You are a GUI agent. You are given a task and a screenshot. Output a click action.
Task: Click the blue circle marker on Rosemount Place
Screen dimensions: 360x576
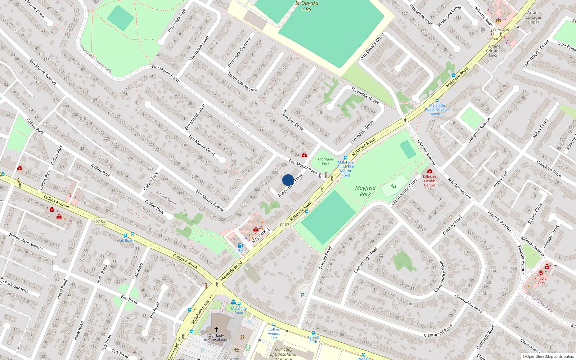point(288,180)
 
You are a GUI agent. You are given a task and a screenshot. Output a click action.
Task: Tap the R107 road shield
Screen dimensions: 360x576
point(285,225)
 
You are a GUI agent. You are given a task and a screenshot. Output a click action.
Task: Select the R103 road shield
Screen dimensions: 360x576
point(101,221)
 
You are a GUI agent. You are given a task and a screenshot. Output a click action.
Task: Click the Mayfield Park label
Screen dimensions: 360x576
point(365,191)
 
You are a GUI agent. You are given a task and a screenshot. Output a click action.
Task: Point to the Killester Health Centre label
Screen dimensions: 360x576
point(429,181)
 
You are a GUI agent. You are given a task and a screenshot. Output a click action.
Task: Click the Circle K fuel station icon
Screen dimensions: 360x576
point(240,246)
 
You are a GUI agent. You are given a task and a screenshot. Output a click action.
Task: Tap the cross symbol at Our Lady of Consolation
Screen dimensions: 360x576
point(216,329)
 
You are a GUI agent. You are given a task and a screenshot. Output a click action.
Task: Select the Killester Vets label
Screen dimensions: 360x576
point(541,280)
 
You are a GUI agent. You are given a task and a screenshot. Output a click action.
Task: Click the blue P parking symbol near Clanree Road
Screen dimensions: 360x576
point(302,295)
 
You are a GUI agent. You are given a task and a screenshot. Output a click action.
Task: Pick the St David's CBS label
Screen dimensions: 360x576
point(307,6)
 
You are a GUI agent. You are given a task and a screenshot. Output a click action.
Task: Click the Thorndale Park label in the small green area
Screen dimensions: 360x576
point(325,161)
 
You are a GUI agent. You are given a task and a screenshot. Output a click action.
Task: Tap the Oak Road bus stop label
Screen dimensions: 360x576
point(125,240)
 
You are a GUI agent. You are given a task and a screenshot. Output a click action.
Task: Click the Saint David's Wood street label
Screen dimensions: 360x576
point(372,47)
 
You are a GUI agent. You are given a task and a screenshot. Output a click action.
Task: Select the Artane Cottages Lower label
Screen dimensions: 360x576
point(494,51)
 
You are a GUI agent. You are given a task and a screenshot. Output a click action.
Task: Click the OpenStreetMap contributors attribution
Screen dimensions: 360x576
point(548,357)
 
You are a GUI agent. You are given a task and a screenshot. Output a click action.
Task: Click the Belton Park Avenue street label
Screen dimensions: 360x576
point(26,242)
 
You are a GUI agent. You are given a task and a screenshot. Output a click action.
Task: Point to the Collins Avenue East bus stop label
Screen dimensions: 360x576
point(274,333)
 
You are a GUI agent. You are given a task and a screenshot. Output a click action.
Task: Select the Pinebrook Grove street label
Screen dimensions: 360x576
point(449,17)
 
